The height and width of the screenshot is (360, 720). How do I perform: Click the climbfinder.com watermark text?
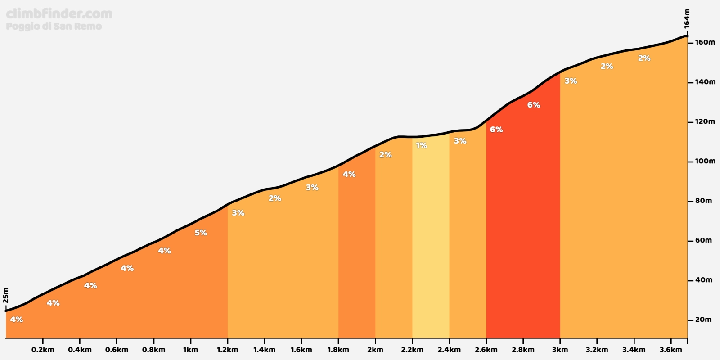[59, 14]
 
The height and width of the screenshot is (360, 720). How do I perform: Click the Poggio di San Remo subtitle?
[54, 26]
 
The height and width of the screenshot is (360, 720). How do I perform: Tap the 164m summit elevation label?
[687, 18]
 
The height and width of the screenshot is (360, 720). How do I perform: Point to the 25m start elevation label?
[6, 296]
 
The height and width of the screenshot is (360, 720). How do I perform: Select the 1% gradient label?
[421, 145]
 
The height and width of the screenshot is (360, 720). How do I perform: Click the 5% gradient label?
[201, 233]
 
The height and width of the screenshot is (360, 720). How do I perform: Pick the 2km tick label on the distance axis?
[375, 350]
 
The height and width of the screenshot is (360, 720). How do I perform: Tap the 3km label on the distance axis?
[560, 350]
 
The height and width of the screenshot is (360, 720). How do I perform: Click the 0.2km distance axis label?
[43, 350]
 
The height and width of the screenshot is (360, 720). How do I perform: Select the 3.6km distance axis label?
[670, 350]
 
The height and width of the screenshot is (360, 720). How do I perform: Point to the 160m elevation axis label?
[705, 42]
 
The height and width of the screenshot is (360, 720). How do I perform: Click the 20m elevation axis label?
[703, 319]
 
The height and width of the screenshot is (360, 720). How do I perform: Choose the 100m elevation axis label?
[705, 161]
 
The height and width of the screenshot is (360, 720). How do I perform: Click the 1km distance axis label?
[190, 350]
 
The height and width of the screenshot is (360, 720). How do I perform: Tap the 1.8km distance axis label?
[338, 350]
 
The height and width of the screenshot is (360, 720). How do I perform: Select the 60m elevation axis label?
[703, 240]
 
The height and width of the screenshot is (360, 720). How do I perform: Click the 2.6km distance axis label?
[486, 350]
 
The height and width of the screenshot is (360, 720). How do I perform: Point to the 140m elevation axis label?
[705, 82]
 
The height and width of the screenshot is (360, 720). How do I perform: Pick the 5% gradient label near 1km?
[201, 233]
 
